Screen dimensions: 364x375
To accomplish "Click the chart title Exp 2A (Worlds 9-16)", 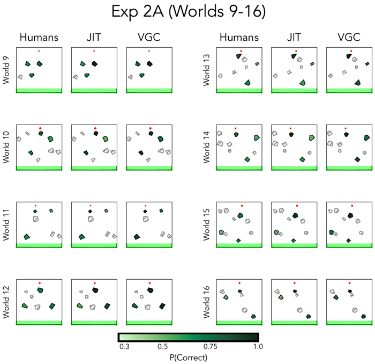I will coord(187,12).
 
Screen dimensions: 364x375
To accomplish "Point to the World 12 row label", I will coord(7,302).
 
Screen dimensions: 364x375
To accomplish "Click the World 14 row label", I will coord(206,147).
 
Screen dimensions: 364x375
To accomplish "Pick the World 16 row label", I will coord(206,302).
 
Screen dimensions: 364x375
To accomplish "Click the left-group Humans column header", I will coord(39,38).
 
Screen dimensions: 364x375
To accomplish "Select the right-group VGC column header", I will coord(348,38).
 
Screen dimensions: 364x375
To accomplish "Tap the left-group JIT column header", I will coord(94,38).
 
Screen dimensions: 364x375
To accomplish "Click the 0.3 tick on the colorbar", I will coord(124,347).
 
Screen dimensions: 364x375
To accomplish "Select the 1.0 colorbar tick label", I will coord(258,347).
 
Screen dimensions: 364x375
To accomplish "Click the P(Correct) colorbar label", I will coord(187,357).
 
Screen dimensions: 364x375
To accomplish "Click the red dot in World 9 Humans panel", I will coord(39,51).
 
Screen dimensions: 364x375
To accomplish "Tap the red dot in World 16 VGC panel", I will coord(349,283).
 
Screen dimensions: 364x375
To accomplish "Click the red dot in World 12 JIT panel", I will coord(94,283).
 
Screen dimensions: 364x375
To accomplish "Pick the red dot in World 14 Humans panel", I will coord(236,128).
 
